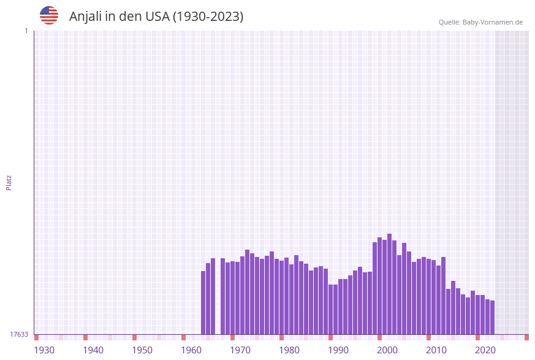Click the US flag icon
pos(49,15)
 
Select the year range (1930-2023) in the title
pos(208,17)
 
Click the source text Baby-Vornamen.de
pos(493,22)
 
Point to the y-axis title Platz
pos(9,182)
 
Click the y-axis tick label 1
pos(26,31)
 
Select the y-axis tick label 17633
pos(19,334)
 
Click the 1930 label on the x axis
pos(44,350)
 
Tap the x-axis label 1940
pos(93,350)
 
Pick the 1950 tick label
pos(142,350)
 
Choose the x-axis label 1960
pos(191,350)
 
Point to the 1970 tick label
pos(240,350)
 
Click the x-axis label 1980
pos(289,350)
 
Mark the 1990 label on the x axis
pos(338,350)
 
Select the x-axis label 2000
pos(387,350)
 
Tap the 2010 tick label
pos(436,350)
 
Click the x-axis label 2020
pos(485,350)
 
